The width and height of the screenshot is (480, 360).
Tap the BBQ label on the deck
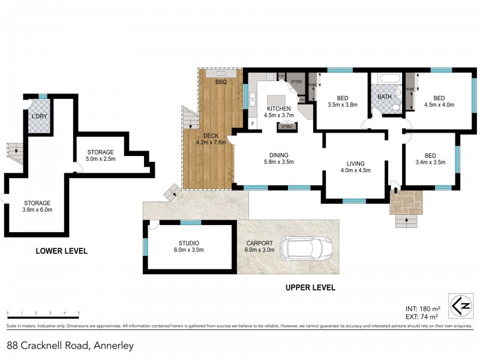coord(220,82)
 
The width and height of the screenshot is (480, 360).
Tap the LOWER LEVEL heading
coord(61,251)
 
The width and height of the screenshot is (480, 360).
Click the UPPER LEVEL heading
coord(310,288)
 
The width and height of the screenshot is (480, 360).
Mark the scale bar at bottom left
coord(43,313)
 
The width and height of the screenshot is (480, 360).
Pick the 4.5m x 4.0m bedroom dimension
coord(439,104)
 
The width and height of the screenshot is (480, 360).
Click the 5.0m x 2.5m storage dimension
coord(101,158)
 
